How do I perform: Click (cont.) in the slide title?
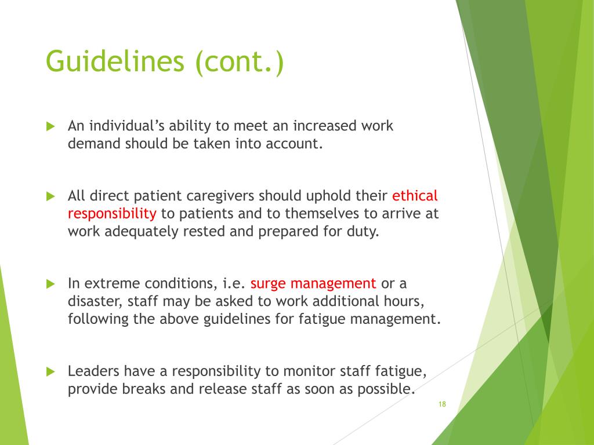240,62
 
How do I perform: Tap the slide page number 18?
442,404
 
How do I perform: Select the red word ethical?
415,195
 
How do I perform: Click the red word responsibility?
112,213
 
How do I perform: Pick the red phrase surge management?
313,283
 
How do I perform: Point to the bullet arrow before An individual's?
50,126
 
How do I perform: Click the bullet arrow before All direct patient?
50,196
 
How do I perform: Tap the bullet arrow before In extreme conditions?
50,284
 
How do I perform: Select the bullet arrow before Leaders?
50,371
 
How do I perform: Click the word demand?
94,144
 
